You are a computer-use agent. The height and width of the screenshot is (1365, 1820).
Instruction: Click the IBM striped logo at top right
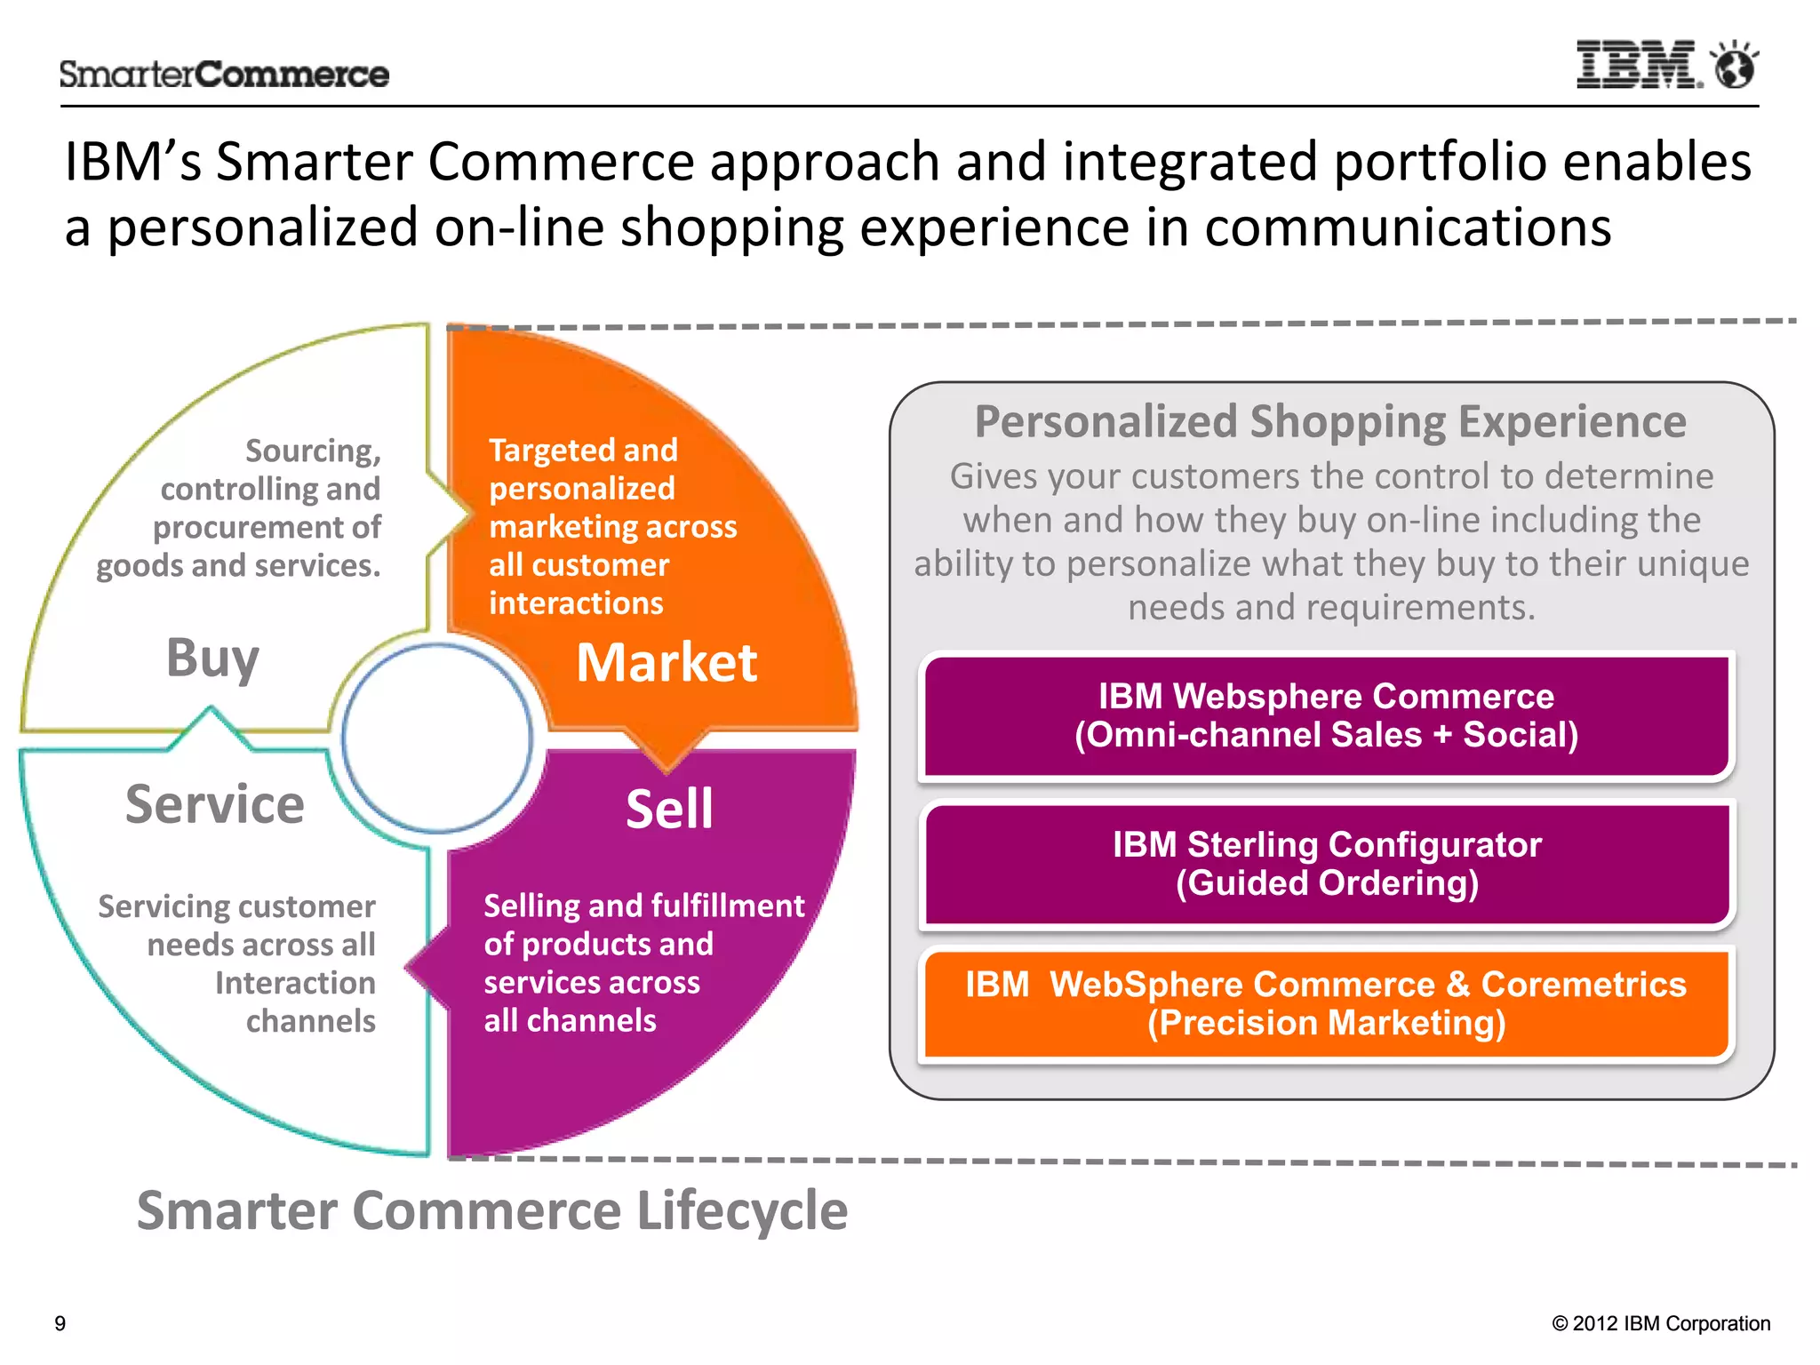click(1638, 65)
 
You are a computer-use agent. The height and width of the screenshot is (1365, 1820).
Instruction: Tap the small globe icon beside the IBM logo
click(1735, 66)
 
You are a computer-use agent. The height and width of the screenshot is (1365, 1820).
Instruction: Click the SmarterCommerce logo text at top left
click(224, 74)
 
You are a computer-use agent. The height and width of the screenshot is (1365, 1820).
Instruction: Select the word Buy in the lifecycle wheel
click(212, 659)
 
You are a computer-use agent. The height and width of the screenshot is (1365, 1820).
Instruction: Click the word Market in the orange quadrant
click(667, 663)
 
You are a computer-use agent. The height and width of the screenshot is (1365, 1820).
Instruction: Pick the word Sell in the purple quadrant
click(669, 809)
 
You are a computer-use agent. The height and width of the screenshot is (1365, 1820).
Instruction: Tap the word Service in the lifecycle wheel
click(215, 804)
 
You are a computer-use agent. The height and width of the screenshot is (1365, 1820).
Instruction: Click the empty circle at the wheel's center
click(437, 738)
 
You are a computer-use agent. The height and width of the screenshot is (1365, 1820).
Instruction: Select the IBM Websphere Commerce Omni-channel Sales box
click(1326, 715)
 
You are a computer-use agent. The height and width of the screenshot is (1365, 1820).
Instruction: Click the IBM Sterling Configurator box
click(1326, 864)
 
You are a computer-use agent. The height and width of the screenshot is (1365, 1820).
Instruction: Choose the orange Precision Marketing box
click(1326, 1003)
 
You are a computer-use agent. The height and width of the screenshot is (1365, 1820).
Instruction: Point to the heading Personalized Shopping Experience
click(1330, 421)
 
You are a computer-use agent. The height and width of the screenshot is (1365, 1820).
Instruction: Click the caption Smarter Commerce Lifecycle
click(492, 1210)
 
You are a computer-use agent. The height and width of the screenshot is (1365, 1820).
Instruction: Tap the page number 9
click(60, 1323)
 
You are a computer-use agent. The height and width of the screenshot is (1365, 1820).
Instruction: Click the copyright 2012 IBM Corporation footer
click(1661, 1323)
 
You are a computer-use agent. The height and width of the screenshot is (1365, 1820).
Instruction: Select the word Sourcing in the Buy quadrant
click(313, 451)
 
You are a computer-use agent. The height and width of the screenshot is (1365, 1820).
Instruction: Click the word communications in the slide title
click(1408, 227)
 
